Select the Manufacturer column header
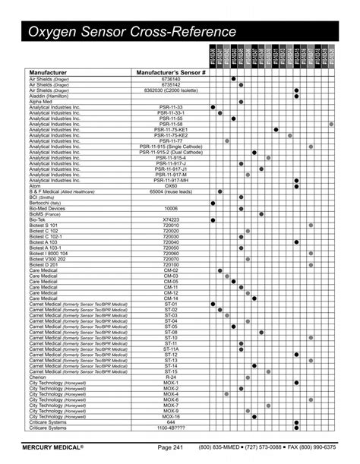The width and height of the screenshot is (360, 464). (52, 72)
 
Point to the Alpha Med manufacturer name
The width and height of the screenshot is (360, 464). (41, 102)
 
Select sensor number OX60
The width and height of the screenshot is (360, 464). (171, 185)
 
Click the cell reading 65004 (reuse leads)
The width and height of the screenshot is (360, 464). (171, 191)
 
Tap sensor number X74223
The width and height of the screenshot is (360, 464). (171, 220)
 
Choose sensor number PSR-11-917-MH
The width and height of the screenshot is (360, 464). (171, 179)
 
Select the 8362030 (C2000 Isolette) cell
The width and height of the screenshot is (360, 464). (171, 90)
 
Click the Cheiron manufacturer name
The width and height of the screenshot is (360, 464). (38, 377)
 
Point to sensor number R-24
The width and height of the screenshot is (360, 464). (171, 377)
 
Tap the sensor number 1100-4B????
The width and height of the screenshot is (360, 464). (171, 428)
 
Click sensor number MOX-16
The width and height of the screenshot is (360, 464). (171, 416)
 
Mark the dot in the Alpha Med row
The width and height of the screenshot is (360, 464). (241, 102)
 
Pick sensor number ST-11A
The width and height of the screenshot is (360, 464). (171, 348)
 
